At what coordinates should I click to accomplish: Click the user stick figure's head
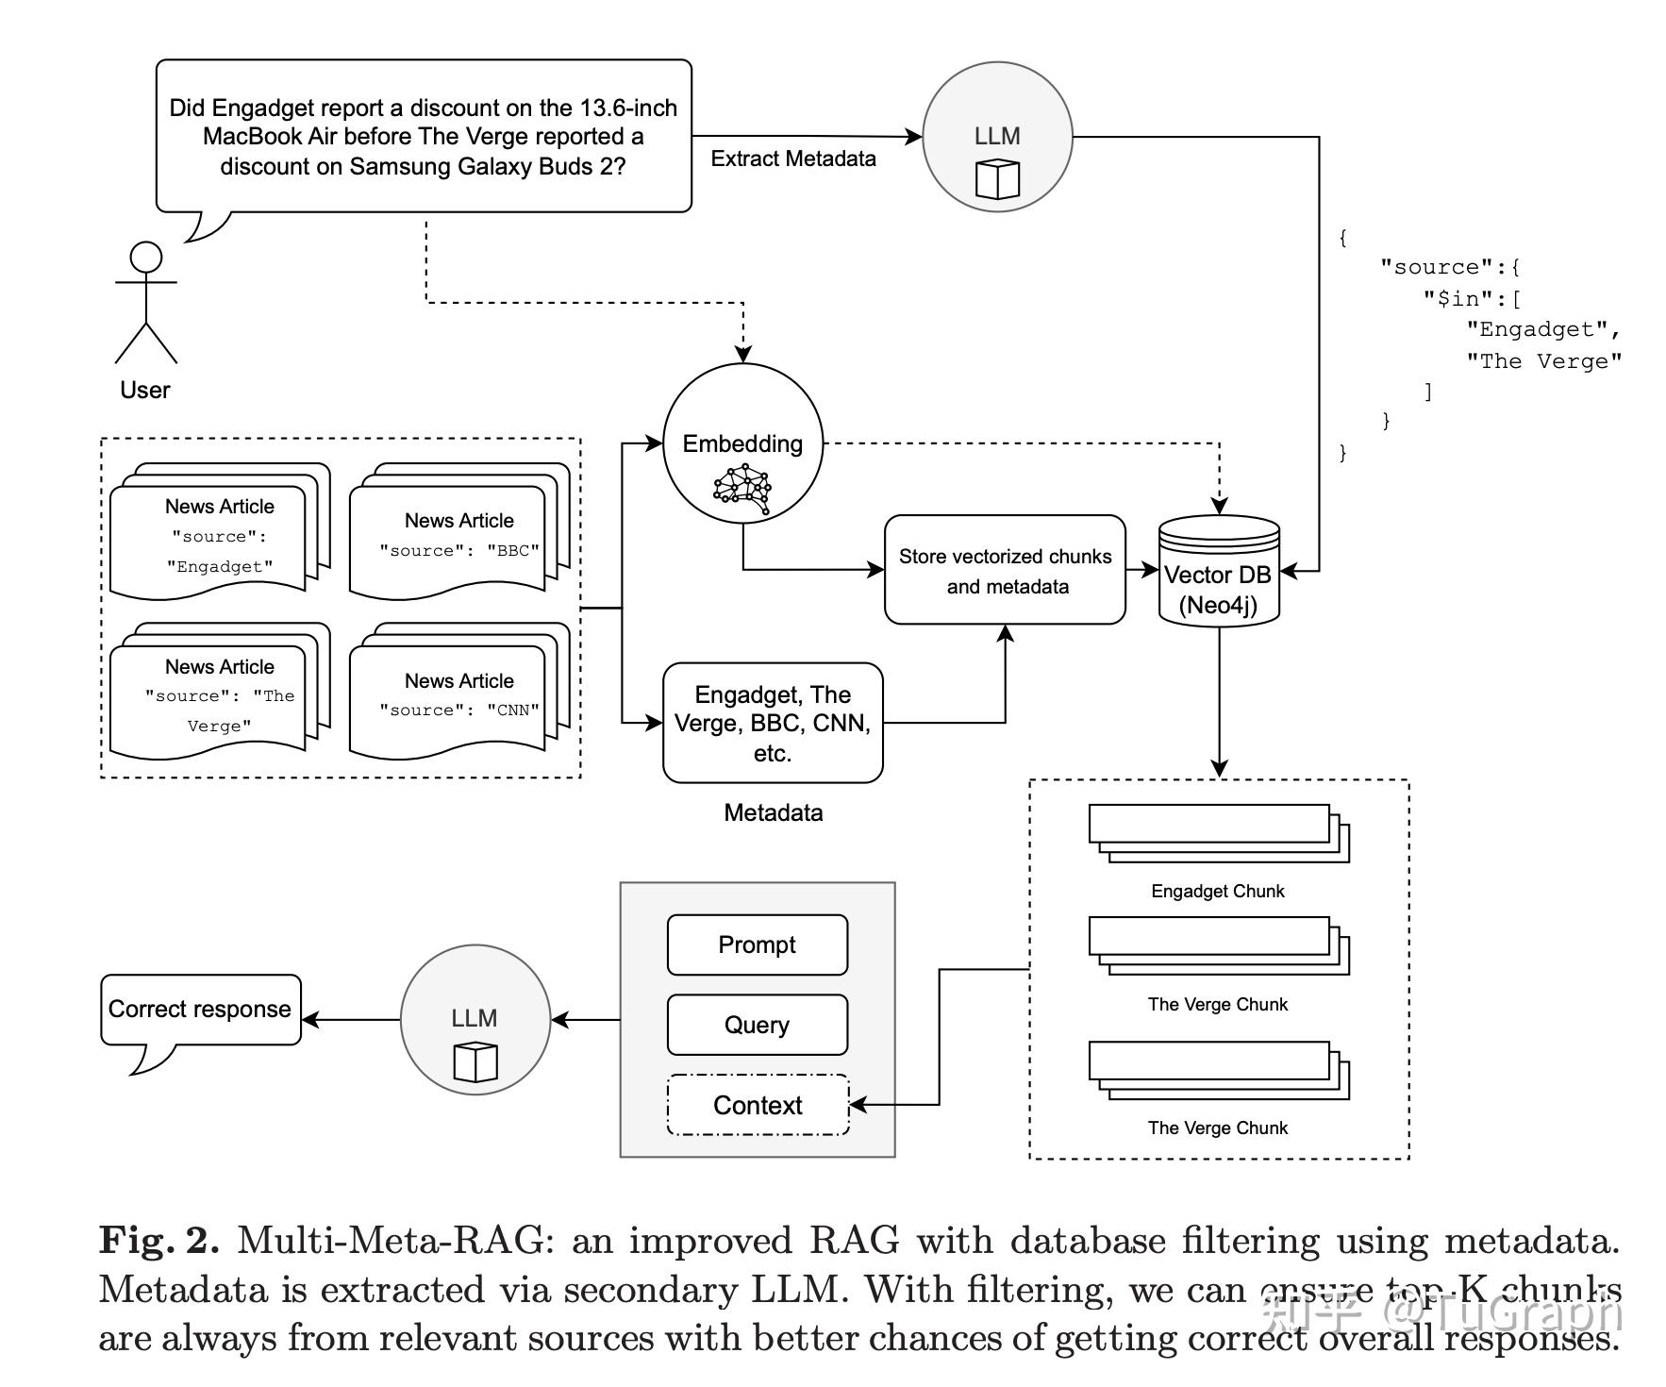(146, 257)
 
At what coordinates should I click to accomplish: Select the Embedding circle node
(742, 443)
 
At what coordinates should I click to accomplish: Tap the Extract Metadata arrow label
(792, 159)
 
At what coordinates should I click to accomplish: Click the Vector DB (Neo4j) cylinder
(1218, 572)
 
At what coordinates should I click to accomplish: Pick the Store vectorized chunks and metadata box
(1005, 570)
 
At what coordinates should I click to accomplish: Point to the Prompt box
(757, 944)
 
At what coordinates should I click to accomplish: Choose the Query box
(757, 1025)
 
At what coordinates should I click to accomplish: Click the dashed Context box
(758, 1105)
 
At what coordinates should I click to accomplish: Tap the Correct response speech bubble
(200, 1010)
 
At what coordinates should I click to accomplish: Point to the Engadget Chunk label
(1217, 891)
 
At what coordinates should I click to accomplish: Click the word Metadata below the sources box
(773, 812)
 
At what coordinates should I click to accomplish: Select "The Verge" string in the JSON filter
(1543, 361)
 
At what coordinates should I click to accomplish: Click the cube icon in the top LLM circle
(997, 179)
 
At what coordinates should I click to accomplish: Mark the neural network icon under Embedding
(742, 490)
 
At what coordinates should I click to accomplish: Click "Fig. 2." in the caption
(158, 1240)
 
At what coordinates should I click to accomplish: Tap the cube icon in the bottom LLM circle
(475, 1061)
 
